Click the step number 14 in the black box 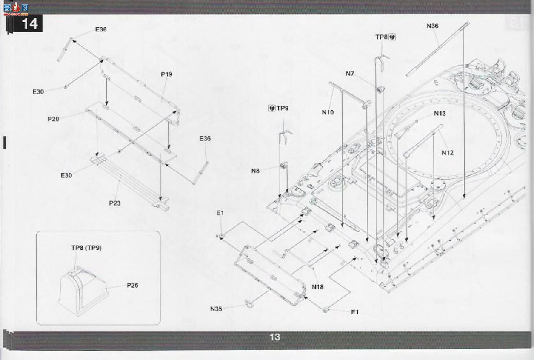[x=30, y=23]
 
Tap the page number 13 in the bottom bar [x=274, y=337]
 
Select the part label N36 [x=432, y=26]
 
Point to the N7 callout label [x=350, y=74]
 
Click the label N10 [x=328, y=112]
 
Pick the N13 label [x=440, y=114]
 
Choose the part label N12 [x=448, y=153]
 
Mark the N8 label [x=255, y=171]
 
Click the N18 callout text [x=318, y=287]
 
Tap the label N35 [x=216, y=309]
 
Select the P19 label [x=167, y=74]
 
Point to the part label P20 [x=54, y=119]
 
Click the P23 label [x=115, y=203]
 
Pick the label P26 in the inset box [x=133, y=285]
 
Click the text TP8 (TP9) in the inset [x=86, y=248]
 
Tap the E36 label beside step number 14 [x=101, y=29]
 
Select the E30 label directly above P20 [x=38, y=91]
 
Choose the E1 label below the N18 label [x=355, y=312]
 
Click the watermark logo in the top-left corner [x=16, y=9]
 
